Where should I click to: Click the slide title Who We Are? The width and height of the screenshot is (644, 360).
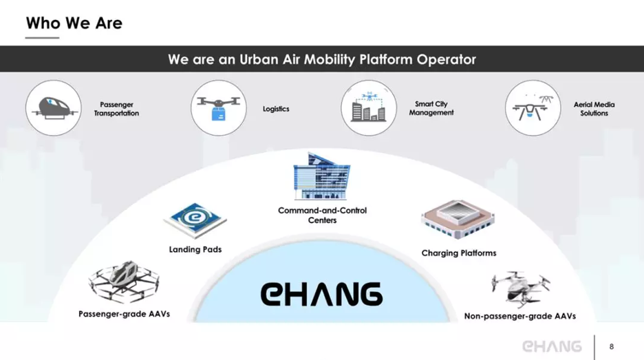(x=74, y=23)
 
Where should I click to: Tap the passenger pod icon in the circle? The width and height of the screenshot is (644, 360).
(x=54, y=108)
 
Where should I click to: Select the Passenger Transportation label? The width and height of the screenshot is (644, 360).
(x=116, y=109)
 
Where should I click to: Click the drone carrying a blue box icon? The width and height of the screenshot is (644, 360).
(x=219, y=108)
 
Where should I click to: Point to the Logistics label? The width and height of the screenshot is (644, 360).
(x=276, y=109)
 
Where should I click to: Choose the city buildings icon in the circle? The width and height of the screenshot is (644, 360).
(x=369, y=108)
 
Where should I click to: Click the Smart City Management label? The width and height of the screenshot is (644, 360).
(x=431, y=109)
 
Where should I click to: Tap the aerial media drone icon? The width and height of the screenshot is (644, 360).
(x=533, y=108)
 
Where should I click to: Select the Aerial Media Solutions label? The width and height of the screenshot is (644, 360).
(x=594, y=109)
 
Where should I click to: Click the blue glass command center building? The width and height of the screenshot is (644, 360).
(x=321, y=176)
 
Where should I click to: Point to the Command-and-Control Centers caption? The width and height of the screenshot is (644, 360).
(x=323, y=215)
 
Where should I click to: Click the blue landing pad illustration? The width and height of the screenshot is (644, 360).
(x=195, y=221)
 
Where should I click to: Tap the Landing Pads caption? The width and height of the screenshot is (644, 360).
(x=195, y=249)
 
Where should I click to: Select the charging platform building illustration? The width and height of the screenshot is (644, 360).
(x=458, y=220)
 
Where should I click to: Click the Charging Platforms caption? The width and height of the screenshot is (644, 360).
(x=459, y=253)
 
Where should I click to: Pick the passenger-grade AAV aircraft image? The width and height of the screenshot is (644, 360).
(x=124, y=282)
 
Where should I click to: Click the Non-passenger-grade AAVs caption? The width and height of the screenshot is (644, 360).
(x=520, y=316)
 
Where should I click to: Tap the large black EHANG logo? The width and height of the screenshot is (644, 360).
(x=321, y=294)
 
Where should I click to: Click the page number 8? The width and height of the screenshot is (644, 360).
(x=612, y=347)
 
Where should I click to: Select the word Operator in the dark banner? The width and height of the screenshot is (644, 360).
(x=446, y=60)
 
